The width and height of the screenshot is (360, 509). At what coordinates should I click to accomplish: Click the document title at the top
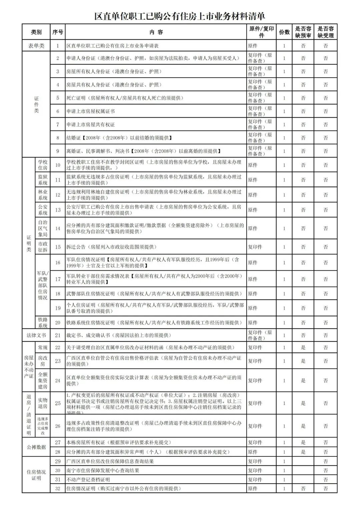pyautogui.click(x=180, y=16)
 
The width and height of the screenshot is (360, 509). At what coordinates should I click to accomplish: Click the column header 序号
pyautogui.click(x=58, y=32)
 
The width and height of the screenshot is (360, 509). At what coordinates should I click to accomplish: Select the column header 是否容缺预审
pyautogui.click(x=303, y=32)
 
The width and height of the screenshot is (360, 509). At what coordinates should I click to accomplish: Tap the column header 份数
pyautogui.click(x=284, y=32)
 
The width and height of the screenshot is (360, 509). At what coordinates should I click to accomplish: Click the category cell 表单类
pyautogui.click(x=36, y=46)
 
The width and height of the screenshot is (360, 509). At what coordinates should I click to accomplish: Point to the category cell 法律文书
pyautogui.click(x=36, y=335)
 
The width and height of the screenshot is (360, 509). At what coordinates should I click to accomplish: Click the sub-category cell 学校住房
pyautogui.click(x=43, y=165)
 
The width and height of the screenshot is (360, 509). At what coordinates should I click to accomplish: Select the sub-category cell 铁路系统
pyautogui.click(x=43, y=323)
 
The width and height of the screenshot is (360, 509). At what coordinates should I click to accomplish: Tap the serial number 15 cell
pyautogui.click(x=58, y=247)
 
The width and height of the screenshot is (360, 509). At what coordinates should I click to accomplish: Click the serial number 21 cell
pyautogui.click(x=58, y=335)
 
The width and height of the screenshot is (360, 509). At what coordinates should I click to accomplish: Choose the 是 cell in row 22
pyautogui.click(x=303, y=348)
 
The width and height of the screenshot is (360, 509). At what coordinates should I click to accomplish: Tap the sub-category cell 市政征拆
pyautogui.click(x=43, y=247)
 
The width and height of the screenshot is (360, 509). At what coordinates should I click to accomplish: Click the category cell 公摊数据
pyautogui.click(x=36, y=447)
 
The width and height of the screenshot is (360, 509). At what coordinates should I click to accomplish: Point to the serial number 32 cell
pyautogui.click(x=58, y=489)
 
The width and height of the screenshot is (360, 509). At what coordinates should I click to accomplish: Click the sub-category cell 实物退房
pyautogui.click(x=43, y=403)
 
